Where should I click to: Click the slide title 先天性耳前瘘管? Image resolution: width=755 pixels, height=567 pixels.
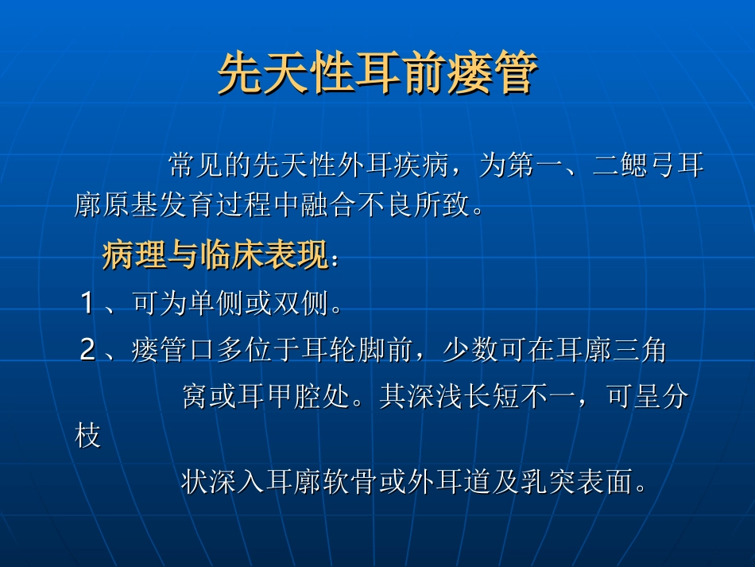tap(377, 74)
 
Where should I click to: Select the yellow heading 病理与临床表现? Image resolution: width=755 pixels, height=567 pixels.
tap(215, 257)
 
